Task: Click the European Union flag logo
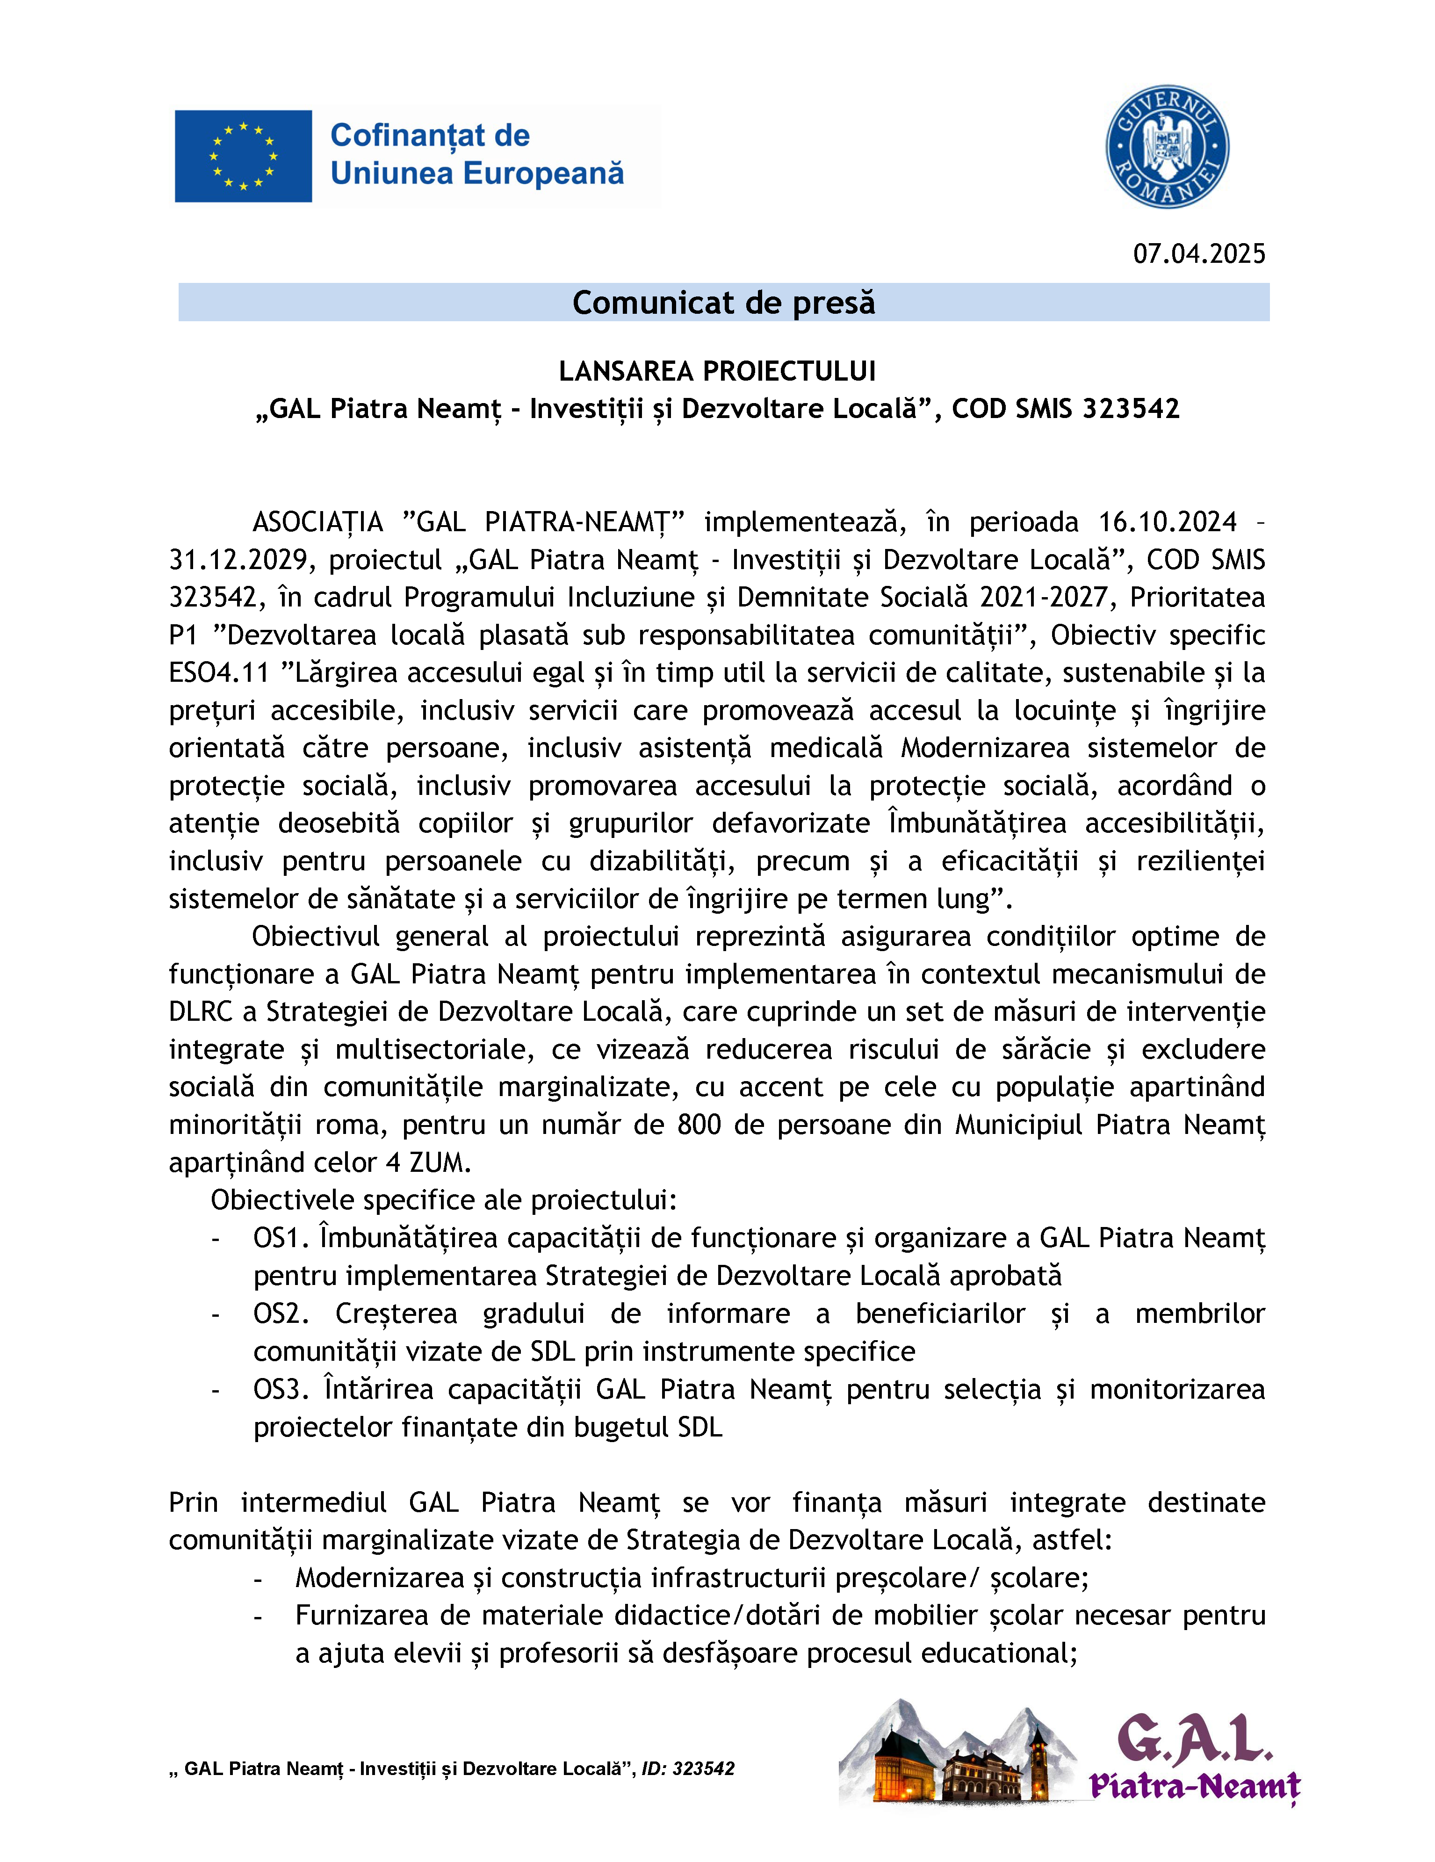click(x=243, y=156)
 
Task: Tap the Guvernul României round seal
click(x=1167, y=147)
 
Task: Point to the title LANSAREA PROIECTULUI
click(x=717, y=371)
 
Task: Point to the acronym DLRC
click(x=201, y=1012)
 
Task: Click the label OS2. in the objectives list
click(x=281, y=1314)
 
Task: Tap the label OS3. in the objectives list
click(x=281, y=1390)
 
